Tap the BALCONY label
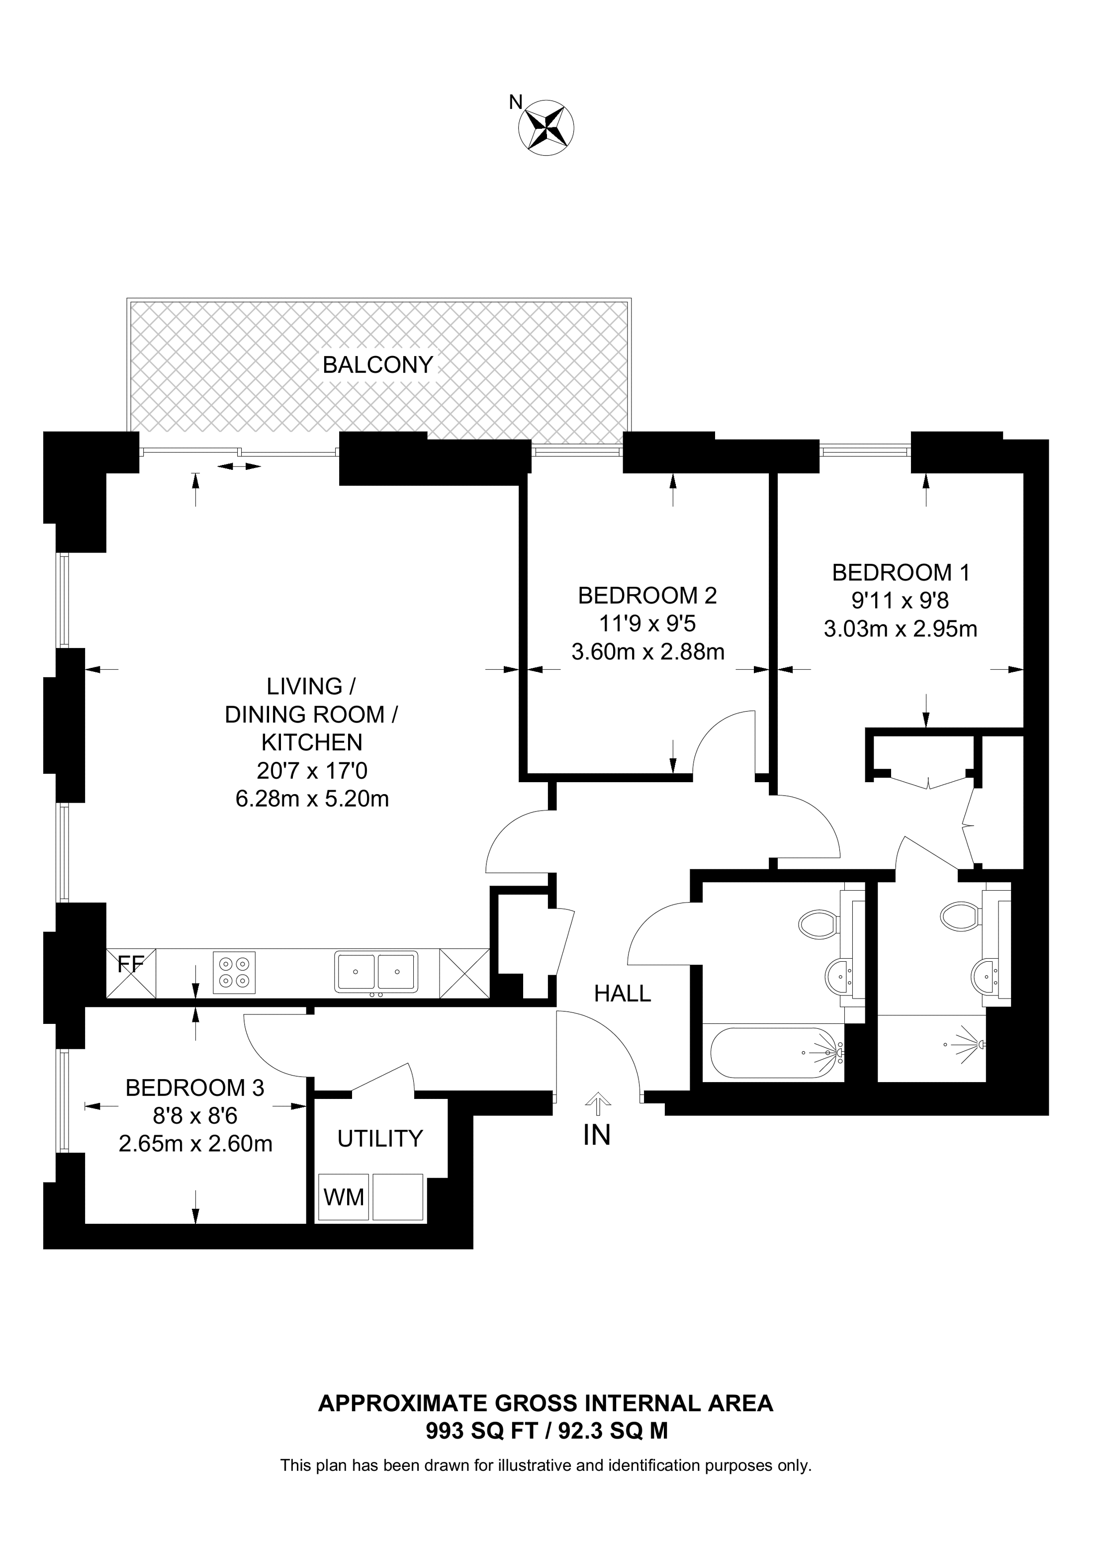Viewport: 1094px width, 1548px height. (377, 365)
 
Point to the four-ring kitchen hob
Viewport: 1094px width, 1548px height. (235, 972)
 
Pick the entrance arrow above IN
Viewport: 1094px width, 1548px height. (597, 1105)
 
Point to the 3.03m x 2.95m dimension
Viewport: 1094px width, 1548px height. (901, 629)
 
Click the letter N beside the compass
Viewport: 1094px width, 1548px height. (516, 102)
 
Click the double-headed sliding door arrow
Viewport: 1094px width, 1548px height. (239, 466)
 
